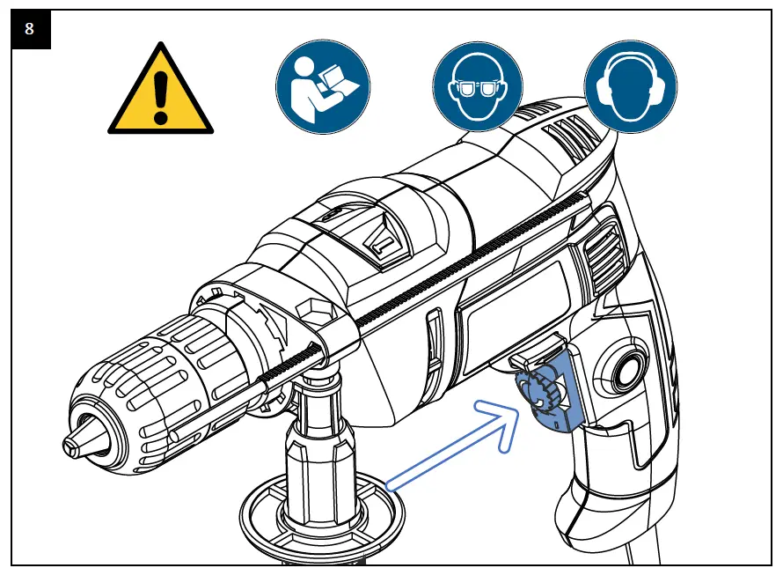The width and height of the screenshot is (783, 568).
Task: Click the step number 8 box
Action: pos(30,29)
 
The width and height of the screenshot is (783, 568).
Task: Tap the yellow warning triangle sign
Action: pos(159,92)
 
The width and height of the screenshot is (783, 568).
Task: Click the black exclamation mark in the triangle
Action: pos(159,89)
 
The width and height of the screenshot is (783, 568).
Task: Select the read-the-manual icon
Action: pos(322,85)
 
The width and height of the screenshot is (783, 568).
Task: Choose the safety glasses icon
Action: pos(479,86)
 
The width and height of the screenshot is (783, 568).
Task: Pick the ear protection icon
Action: pos(631,86)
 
